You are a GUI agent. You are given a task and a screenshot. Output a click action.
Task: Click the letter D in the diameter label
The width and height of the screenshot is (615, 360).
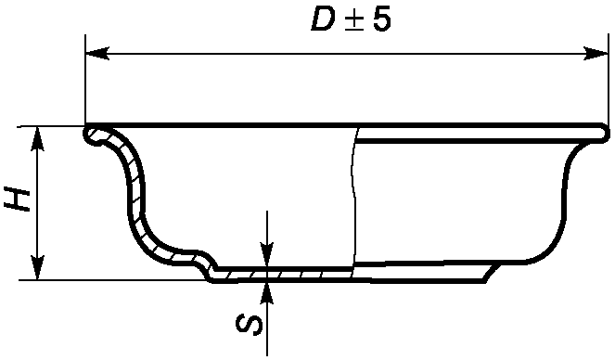[323, 20]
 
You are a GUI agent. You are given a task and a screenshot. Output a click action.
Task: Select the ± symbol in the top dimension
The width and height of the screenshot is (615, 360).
[353, 21]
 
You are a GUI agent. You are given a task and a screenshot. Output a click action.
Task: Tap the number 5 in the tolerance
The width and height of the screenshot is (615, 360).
[381, 20]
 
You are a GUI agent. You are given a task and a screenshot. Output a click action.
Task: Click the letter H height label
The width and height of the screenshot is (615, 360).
[18, 200]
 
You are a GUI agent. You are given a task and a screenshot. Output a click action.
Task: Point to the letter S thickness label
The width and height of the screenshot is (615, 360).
[249, 325]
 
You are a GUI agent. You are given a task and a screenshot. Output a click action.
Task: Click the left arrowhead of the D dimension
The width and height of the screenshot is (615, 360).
[97, 53]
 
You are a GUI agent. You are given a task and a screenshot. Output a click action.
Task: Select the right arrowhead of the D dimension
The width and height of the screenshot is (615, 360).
[596, 53]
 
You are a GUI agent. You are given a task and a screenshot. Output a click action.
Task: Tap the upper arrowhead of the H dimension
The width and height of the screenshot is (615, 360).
[37, 139]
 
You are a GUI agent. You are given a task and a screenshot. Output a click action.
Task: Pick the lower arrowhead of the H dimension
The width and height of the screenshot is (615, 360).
[37, 268]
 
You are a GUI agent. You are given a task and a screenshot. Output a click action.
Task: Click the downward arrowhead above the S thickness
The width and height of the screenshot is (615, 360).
[267, 255]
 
